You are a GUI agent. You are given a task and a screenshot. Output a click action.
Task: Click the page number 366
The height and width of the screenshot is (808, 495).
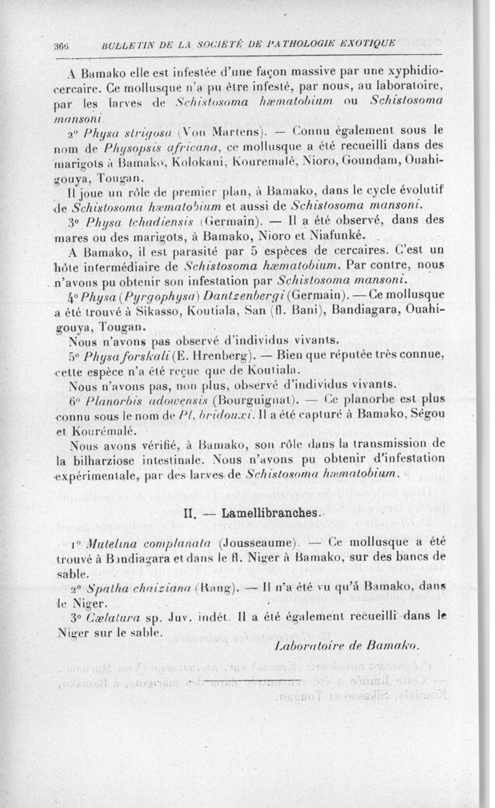click(61, 45)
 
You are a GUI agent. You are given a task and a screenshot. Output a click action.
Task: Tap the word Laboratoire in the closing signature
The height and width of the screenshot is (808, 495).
click(303, 646)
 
